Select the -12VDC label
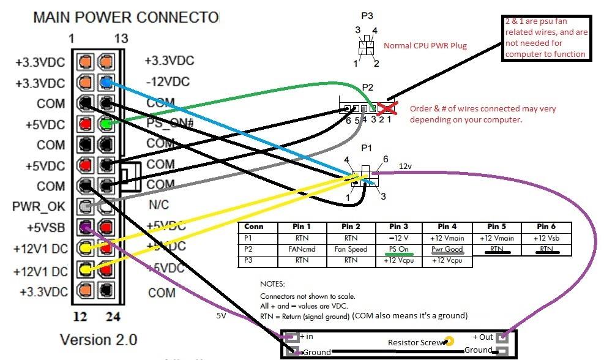167,81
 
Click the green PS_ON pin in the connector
106,124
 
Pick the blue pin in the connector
106,82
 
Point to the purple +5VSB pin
86,227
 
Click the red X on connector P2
385,108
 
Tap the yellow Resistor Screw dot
449,341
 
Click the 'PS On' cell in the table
398,249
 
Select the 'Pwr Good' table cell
447,249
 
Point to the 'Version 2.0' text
99,339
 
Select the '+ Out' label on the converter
483,337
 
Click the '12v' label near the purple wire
406,166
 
